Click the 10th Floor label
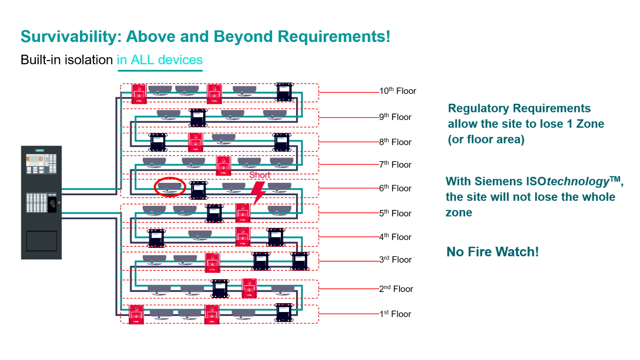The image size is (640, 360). [398, 91]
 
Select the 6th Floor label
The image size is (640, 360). [395, 188]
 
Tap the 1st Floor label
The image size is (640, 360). [395, 314]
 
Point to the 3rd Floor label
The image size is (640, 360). [396, 260]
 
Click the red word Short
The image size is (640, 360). [260, 175]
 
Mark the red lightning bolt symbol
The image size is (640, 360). [258, 192]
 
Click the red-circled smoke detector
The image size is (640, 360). [170, 187]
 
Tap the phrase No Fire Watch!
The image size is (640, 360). [492, 252]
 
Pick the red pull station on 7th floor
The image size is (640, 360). [223, 166]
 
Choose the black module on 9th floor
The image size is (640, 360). [198, 118]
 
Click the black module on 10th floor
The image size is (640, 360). [284, 92]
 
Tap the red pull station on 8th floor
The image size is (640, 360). [196, 142]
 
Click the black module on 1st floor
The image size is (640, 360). [284, 312]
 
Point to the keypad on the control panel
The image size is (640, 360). [37, 202]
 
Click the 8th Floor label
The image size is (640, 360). [395, 142]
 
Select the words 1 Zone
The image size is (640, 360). [585, 124]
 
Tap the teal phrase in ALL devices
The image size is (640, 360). [160, 60]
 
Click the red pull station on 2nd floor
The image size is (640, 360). [249, 288]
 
